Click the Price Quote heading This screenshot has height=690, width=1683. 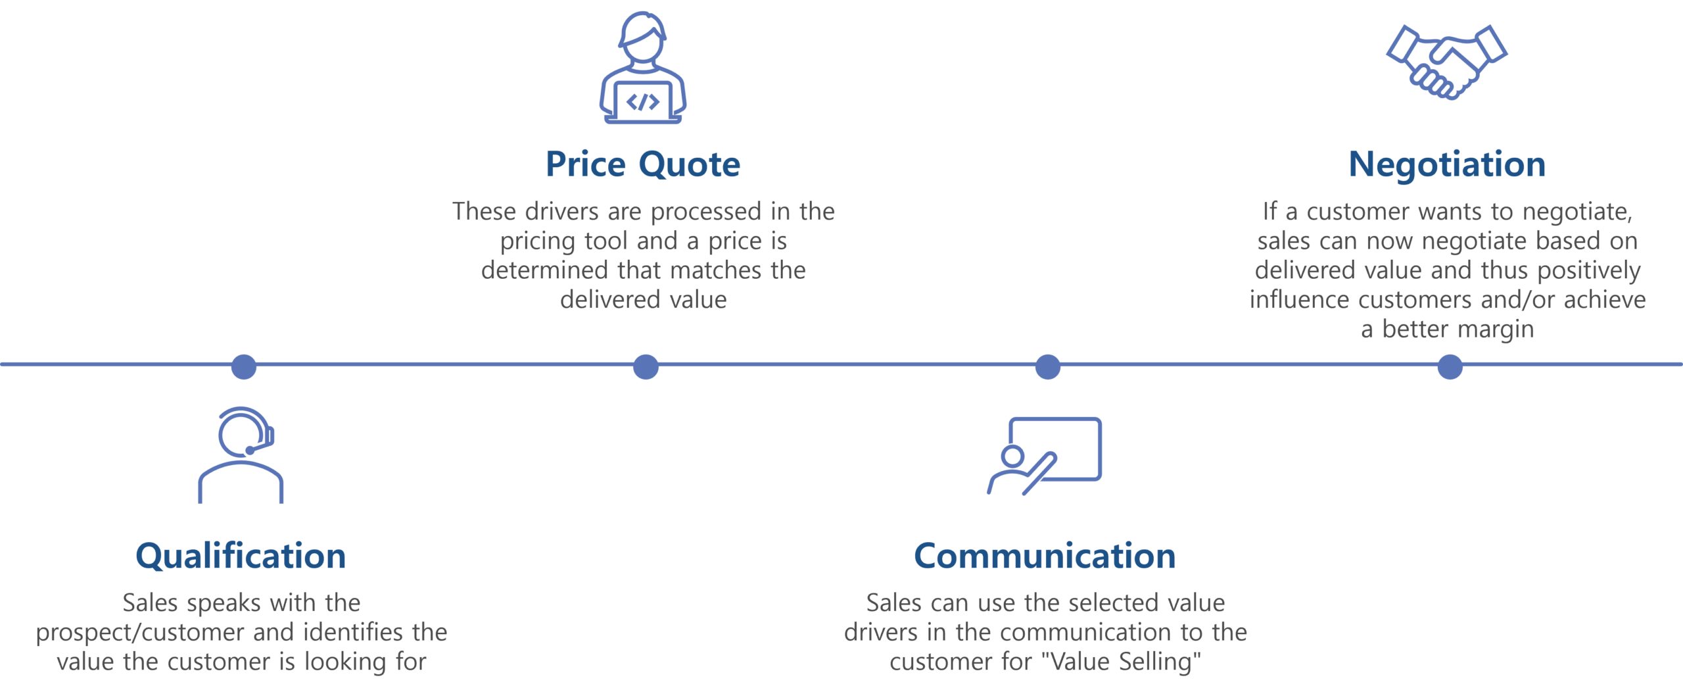tap(642, 164)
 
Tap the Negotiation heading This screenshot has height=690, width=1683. tap(1447, 164)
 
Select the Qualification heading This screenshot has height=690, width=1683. tap(241, 556)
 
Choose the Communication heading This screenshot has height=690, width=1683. tap(1044, 556)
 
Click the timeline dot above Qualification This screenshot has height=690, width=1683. tap(243, 366)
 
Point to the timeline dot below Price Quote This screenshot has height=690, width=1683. tap(646, 366)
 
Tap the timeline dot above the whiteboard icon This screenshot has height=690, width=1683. tap(1047, 366)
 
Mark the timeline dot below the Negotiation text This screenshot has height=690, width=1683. tap(1450, 366)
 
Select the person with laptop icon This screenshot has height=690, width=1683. tap(642, 69)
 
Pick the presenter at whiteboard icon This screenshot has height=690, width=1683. tap(1044, 455)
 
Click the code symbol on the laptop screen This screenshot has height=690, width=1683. tap(642, 102)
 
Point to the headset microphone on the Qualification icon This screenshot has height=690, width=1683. tap(250, 450)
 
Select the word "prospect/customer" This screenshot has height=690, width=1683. tap(140, 633)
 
